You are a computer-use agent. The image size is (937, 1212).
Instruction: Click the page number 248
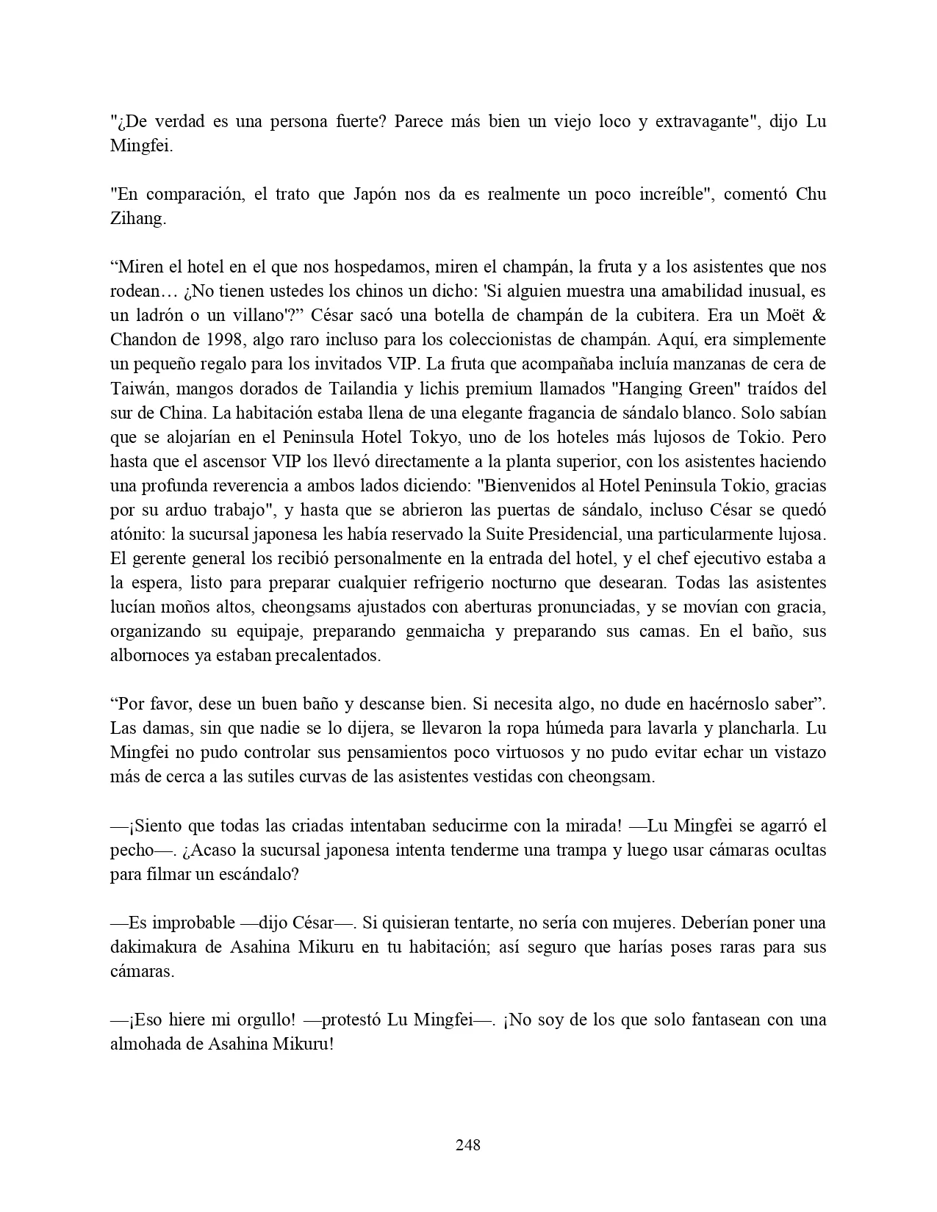click(468, 1144)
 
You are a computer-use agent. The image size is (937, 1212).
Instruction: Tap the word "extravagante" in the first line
click(706, 121)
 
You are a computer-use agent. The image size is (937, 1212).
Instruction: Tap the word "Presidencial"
click(564, 534)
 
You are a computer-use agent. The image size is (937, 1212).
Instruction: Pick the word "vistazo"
click(795, 752)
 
